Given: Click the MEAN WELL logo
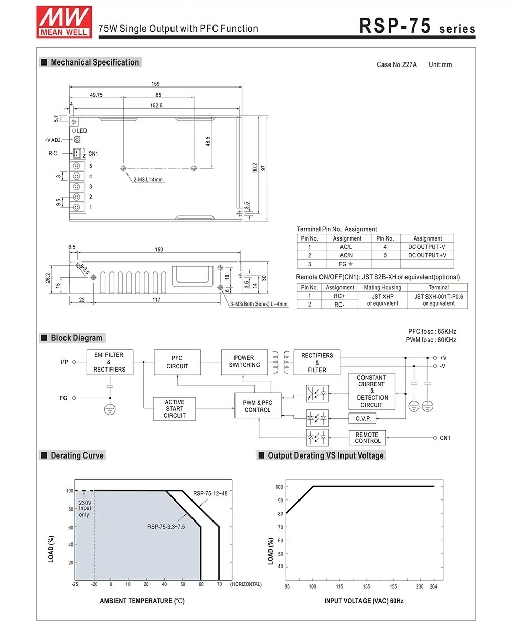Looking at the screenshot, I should pyautogui.click(x=64, y=21).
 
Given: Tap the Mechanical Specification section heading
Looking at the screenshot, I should pyautogui.click(x=94, y=62).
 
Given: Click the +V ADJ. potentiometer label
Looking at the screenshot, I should pyautogui.click(x=53, y=140).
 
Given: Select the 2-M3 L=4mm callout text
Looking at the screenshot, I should pyautogui.click(x=147, y=180).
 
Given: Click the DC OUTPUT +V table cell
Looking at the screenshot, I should pyautogui.click(x=427, y=255).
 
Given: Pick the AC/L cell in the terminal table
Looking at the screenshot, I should pyautogui.click(x=346, y=247).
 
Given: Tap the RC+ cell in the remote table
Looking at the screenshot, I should pyautogui.click(x=339, y=296).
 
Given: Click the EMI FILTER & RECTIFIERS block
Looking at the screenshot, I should pyautogui.click(x=109, y=362).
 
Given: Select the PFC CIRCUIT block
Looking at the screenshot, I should pyautogui.click(x=177, y=362).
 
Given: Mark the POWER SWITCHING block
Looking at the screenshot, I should pyautogui.click(x=244, y=361).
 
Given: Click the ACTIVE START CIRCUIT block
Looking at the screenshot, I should pyautogui.click(x=175, y=409).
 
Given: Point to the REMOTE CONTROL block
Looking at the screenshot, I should pyautogui.click(x=368, y=438).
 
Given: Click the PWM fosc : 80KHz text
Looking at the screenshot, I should pyautogui.click(x=431, y=340).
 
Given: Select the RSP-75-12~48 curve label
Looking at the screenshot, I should pyautogui.click(x=210, y=493).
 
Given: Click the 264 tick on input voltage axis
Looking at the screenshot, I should pyautogui.click(x=433, y=586).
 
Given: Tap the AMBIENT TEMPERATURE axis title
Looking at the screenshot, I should pyautogui.click(x=142, y=601).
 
